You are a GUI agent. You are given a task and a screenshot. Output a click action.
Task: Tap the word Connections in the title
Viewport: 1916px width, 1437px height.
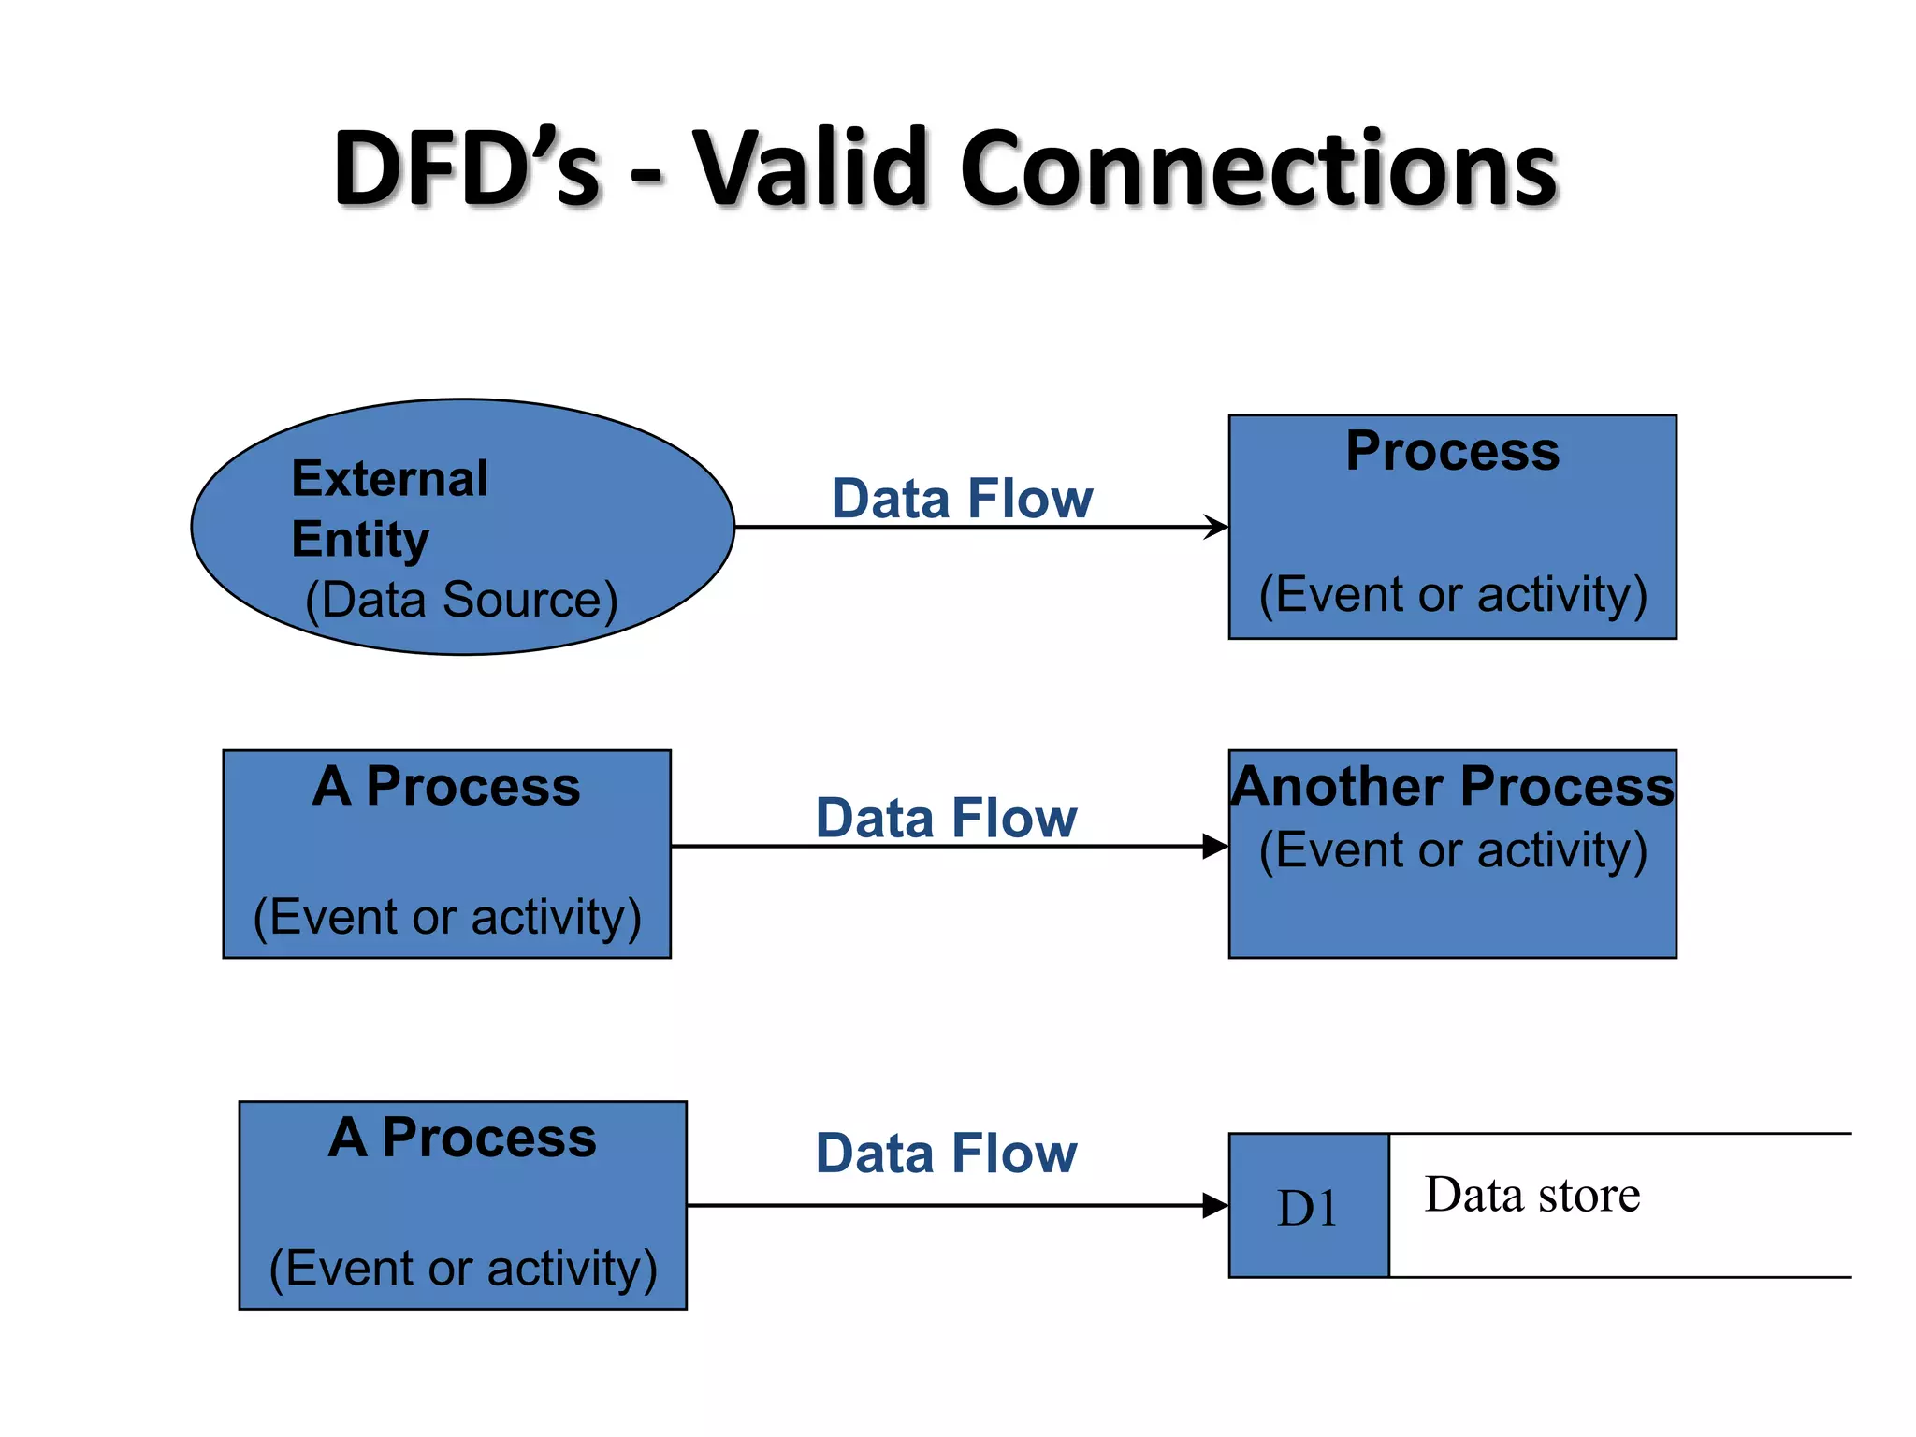1258,168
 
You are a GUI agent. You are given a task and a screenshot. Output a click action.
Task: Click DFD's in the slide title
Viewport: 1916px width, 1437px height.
465,168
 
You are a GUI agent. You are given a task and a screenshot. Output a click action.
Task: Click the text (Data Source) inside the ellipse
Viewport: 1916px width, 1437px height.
461,600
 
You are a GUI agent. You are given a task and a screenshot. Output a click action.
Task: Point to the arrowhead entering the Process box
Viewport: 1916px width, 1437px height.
1216,527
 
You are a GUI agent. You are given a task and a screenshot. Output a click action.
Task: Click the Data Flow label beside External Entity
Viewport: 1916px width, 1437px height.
962,498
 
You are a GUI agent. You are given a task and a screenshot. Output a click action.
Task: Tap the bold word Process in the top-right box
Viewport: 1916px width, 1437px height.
1452,451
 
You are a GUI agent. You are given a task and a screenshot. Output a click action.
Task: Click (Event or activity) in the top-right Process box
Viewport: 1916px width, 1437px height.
1452,594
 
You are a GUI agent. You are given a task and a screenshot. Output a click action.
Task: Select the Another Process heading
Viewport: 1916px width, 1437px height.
1452,786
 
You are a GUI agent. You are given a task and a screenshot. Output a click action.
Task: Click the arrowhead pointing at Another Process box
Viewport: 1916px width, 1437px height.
1215,847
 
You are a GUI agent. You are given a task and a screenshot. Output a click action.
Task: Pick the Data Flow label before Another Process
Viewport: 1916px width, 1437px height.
946,818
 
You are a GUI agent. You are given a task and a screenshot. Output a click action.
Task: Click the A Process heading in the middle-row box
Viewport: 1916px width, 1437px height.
446,786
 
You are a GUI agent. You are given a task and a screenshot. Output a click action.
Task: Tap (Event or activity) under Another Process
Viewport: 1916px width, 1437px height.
1452,850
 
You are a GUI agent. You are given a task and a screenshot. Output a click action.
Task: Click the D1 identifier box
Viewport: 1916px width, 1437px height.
1308,1207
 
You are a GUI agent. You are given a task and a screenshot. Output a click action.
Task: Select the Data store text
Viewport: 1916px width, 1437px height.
1531,1195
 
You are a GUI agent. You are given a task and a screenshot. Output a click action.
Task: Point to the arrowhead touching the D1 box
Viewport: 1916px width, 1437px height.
1215,1206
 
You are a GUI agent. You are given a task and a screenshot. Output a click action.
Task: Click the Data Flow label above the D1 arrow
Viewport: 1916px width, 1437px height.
946,1153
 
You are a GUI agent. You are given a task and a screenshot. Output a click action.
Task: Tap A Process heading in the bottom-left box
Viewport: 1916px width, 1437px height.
462,1138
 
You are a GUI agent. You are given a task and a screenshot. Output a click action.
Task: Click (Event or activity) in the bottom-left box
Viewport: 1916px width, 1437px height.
462,1269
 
